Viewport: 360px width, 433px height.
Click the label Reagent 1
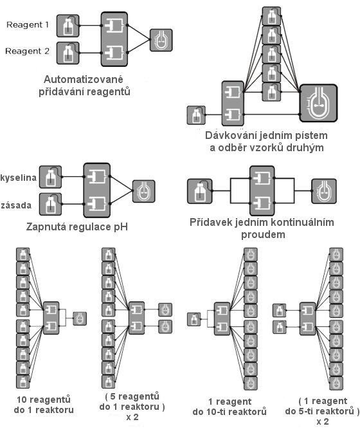pyautogui.click(x=27, y=25)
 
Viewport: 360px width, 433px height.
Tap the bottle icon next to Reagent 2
pyautogui.click(x=68, y=53)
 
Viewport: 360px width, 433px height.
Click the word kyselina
pyautogui.click(x=19, y=178)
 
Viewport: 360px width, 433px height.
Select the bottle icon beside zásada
pyautogui.click(x=51, y=204)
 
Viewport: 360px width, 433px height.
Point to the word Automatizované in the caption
pyautogui.click(x=84, y=80)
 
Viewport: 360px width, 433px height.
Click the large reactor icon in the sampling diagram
pyautogui.click(x=319, y=103)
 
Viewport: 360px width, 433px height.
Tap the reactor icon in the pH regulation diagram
pyautogui.click(x=143, y=191)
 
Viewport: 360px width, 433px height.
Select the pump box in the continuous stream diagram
pyautogui.click(x=262, y=190)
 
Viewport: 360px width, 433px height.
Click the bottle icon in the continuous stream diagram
pyautogui.click(x=200, y=191)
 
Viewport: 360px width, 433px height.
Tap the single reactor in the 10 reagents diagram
pyautogui.click(x=80, y=318)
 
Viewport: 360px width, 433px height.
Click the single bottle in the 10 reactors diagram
pyautogui.click(x=194, y=319)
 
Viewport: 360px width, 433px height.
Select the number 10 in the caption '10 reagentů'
pyautogui.click(x=22, y=400)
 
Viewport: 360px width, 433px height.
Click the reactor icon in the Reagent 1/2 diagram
pyautogui.click(x=161, y=41)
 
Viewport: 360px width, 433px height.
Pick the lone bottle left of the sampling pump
pyautogui.click(x=196, y=115)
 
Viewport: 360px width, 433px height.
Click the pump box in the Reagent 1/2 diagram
pyautogui.click(x=114, y=39)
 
